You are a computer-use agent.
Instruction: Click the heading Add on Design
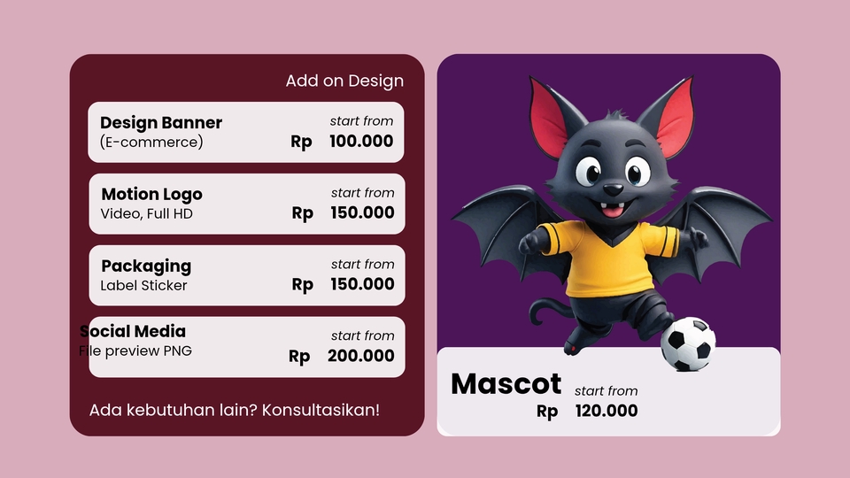point(344,81)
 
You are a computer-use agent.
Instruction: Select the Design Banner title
point(161,123)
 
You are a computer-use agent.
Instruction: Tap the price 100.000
point(361,142)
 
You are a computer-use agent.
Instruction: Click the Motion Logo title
point(151,195)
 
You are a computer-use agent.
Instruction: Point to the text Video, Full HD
point(146,214)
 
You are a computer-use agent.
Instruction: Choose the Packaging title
point(146,266)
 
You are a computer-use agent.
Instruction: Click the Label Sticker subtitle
point(143,286)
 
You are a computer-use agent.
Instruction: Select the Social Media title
point(133,331)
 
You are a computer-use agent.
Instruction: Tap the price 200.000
point(361,357)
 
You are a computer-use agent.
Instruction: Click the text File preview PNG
point(135,351)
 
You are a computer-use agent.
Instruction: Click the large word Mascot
point(506,384)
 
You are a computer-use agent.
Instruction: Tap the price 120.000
point(607,411)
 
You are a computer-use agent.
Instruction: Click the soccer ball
point(688,344)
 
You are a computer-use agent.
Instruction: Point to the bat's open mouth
point(611,211)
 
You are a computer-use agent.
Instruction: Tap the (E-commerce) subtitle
point(151,143)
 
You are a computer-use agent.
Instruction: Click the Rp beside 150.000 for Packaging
point(303,285)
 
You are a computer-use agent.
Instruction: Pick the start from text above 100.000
point(361,121)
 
